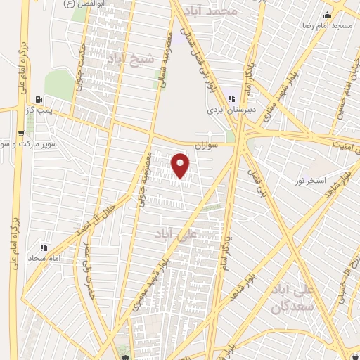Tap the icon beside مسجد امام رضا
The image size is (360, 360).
pos(326,15)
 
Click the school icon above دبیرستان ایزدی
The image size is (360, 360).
pos(232,99)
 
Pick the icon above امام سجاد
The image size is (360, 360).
pos(44,247)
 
